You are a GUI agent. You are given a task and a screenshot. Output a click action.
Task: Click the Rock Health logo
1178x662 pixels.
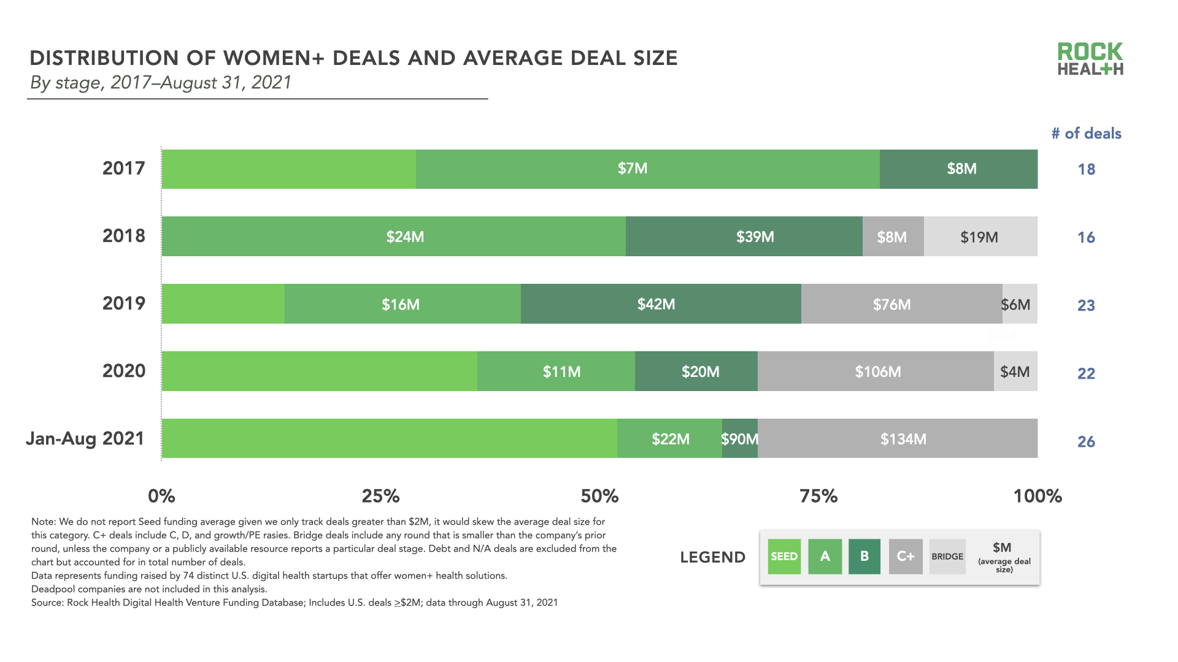(1090, 59)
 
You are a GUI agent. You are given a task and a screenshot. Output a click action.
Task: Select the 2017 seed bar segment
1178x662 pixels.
(288, 169)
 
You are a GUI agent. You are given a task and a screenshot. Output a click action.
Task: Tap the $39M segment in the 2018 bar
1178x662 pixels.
(755, 237)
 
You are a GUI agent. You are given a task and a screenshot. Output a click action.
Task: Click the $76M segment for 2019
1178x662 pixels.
(891, 304)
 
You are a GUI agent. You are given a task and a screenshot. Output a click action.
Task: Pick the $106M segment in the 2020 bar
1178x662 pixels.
(877, 371)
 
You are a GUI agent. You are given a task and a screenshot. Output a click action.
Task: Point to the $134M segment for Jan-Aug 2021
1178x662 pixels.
(903, 439)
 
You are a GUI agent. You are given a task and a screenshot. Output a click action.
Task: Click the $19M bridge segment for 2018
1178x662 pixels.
(979, 237)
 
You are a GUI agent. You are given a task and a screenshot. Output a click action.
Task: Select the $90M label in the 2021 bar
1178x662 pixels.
(739, 439)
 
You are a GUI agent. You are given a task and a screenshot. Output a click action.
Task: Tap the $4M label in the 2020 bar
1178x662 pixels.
(1015, 371)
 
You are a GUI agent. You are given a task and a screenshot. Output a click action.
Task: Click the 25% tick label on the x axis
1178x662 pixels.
(380, 496)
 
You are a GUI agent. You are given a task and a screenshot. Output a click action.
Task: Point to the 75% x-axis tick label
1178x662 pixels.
(818, 496)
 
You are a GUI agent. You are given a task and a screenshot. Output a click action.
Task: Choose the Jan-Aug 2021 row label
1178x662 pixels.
(85, 438)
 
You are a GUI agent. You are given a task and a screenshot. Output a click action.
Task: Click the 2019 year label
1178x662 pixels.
(124, 303)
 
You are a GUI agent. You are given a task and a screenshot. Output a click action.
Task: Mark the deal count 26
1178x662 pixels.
(1086, 441)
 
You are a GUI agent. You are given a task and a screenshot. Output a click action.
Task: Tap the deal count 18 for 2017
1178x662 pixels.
(1086, 169)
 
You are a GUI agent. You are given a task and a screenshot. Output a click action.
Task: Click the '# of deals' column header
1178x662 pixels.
(1086, 134)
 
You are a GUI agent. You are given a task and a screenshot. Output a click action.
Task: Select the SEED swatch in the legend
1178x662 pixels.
(784, 557)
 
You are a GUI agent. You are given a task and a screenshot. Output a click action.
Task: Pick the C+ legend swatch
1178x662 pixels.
(906, 557)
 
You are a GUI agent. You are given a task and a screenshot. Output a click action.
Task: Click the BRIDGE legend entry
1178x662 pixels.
(947, 557)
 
